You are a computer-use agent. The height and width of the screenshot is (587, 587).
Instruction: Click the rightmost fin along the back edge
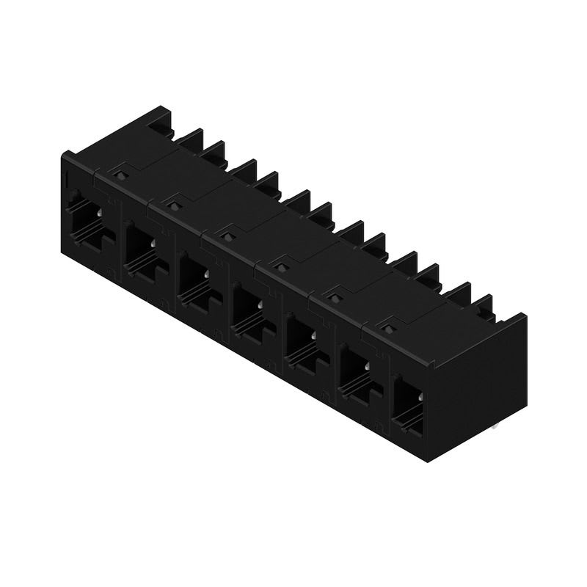click(x=483, y=307)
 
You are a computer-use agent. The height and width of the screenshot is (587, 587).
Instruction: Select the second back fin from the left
click(x=190, y=139)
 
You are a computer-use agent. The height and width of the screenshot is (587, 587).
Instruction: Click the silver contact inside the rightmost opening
click(x=420, y=397)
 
